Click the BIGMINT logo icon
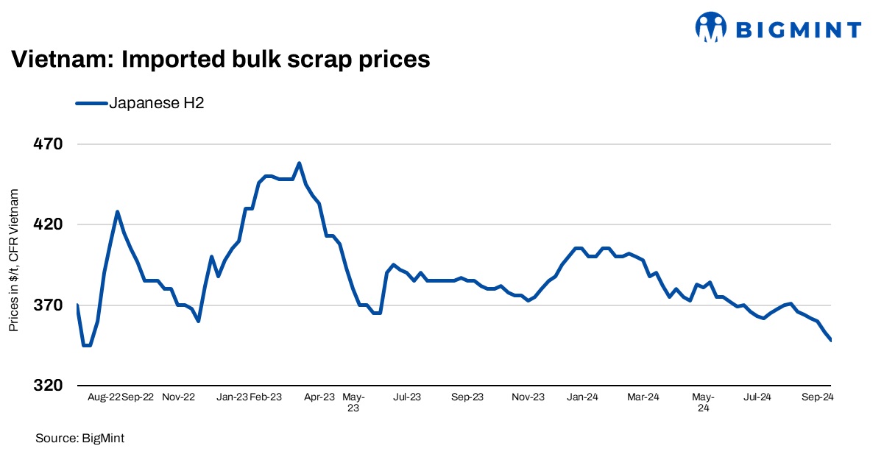[711, 29]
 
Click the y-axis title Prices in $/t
[14, 258]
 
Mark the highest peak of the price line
[299, 163]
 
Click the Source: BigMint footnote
[80, 439]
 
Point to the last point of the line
[831, 340]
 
